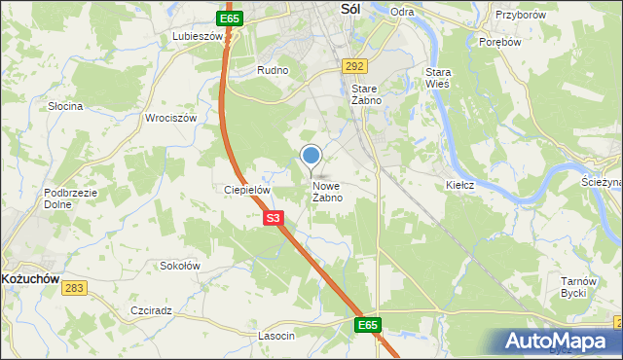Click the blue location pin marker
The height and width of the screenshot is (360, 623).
pos(311,156)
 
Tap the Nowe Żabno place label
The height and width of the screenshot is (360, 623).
pos(327,192)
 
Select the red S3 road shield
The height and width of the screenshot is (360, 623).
pos(274,220)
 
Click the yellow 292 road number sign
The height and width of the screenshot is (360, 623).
pos(353,66)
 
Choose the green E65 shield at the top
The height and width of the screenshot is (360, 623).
pos(230,18)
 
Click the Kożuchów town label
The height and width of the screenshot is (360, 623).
pos(30,278)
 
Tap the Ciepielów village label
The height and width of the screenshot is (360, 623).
pos(245,191)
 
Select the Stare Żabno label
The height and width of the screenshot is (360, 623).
pos(365,93)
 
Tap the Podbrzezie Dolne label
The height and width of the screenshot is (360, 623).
pos(71,198)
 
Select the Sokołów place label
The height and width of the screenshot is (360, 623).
pos(179,265)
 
